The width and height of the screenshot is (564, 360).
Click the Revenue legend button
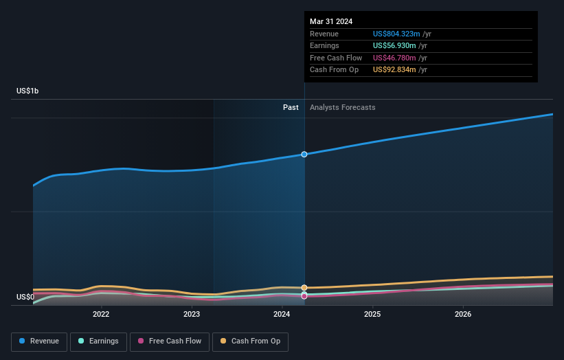39,341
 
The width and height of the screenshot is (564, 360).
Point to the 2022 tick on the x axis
101,315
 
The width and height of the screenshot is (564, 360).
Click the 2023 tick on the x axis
192,315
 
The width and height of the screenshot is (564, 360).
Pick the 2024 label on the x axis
282,315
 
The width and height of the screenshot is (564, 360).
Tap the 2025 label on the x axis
372,315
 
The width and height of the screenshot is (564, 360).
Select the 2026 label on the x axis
463,315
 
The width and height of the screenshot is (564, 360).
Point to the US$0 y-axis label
25,297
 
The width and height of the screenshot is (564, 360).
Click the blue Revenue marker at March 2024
304,155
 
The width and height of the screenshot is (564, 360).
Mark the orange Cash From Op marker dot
304,287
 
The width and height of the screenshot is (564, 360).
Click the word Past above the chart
291,107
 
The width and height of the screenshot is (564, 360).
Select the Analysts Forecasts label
343,107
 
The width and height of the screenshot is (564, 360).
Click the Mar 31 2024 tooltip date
331,21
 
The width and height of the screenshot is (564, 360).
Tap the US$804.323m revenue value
395,34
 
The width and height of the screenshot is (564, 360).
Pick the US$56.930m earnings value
393,46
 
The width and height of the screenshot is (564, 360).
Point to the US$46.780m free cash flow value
393,58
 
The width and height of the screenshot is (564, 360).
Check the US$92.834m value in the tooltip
393,70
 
